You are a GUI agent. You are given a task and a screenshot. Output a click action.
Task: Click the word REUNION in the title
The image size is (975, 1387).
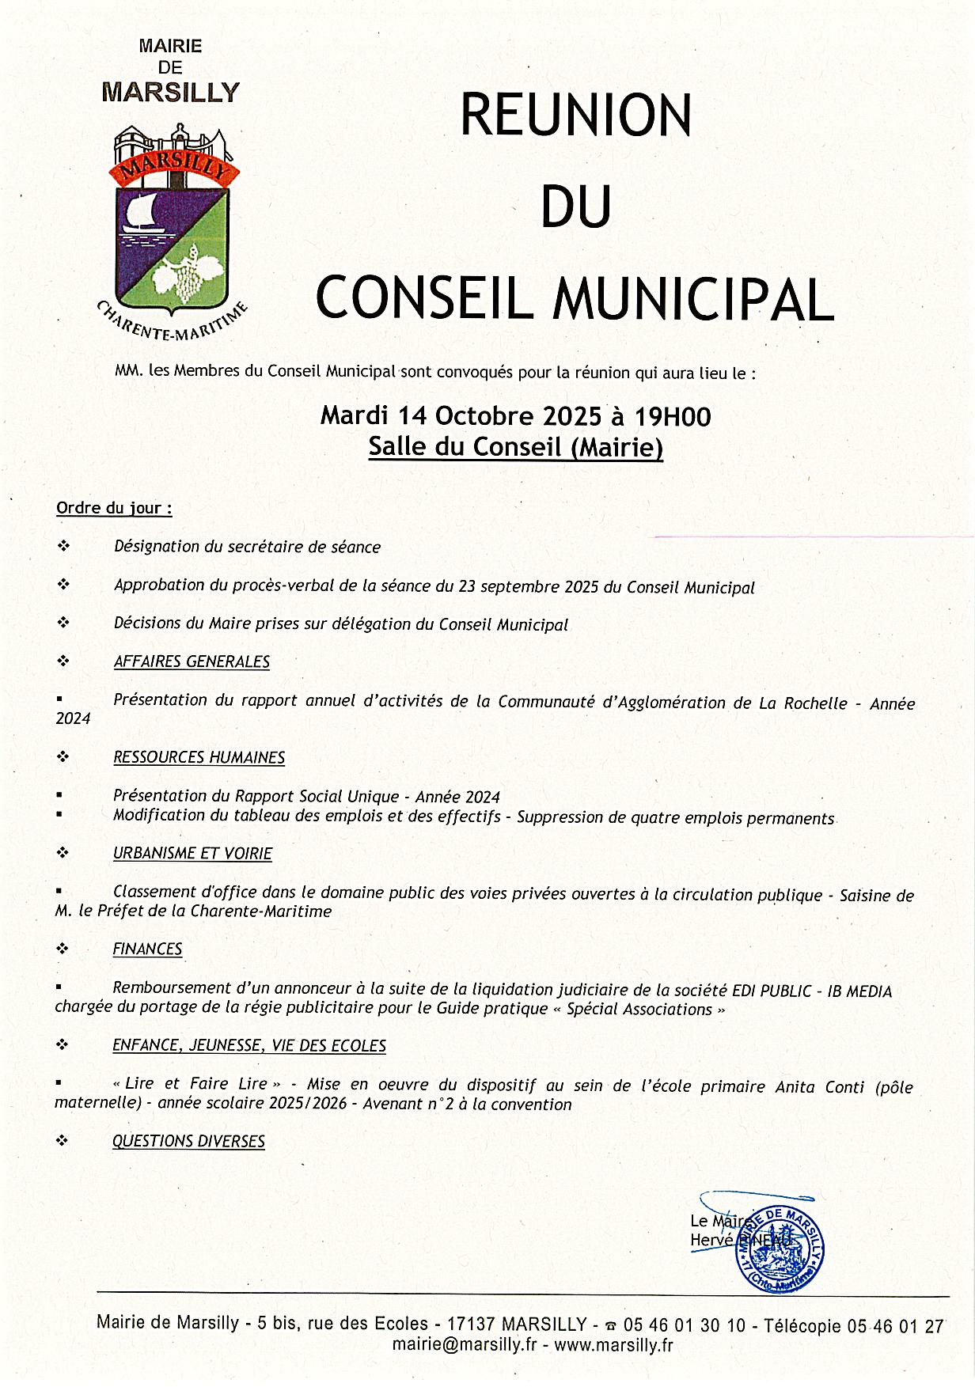(576, 116)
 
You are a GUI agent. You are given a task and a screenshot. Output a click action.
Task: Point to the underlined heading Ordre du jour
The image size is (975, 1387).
(114, 508)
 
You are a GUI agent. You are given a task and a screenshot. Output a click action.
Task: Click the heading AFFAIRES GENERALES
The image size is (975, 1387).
(192, 661)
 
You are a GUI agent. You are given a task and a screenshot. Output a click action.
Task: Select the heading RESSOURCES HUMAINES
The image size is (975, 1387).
(199, 757)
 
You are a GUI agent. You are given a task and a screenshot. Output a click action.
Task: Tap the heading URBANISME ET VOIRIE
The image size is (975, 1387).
(192, 854)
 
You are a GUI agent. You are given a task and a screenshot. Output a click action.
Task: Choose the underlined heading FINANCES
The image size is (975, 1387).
(147, 949)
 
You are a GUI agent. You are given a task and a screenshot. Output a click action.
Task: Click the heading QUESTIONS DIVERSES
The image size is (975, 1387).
(188, 1141)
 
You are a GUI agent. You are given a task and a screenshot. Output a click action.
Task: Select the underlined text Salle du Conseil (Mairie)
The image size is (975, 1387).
(515, 447)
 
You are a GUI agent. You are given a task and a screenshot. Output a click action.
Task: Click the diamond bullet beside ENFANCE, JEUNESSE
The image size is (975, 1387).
(63, 1045)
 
